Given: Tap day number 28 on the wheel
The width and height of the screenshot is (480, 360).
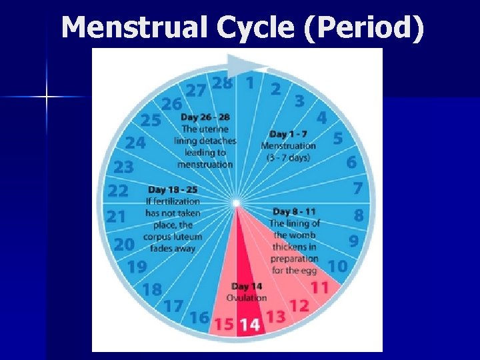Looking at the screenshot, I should click(222, 83).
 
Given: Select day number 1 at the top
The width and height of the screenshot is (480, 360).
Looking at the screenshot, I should click(250, 83).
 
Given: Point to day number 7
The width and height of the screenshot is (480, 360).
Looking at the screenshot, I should click(358, 189).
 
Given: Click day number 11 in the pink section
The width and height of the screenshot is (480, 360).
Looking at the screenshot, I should click(320, 288).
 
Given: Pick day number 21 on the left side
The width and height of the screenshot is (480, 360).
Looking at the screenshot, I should click(116, 216).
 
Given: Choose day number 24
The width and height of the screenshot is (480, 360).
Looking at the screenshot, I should click(135, 143).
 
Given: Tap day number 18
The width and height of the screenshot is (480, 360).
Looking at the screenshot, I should click(152, 289).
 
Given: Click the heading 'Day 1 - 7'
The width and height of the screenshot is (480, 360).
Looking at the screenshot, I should click(287, 134).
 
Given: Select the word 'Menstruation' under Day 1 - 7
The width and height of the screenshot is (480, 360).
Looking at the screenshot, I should click(288, 146).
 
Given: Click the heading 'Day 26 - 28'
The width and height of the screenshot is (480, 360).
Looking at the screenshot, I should click(205, 117).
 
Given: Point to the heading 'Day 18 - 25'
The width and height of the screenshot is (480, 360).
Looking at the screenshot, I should click(173, 189).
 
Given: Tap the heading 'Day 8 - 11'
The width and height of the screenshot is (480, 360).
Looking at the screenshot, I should click(295, 212).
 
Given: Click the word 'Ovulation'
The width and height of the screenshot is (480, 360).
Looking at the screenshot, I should click(247, 297).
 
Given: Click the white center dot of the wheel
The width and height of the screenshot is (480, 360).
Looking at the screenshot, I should click(236, 202).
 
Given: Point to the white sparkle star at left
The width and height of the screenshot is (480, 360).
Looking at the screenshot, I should click(47, 97).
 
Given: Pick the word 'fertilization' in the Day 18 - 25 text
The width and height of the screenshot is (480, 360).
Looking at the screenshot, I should click(173, 201).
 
